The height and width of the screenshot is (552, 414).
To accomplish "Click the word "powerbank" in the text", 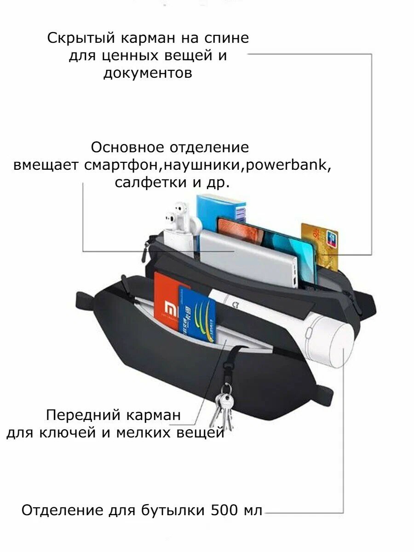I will pos(288,165).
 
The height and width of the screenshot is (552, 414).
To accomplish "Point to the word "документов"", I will pos(147,73).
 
